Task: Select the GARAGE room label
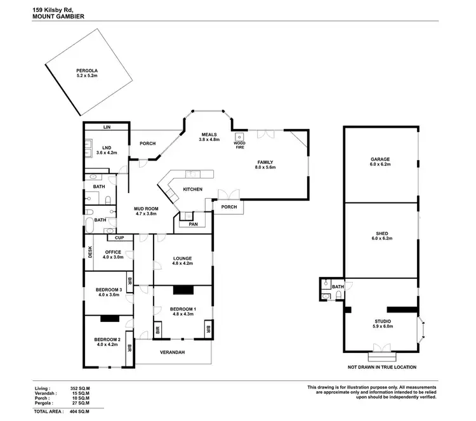tap(380, 159)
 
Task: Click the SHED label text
tap(381, 233)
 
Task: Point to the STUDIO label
tap(382, 321)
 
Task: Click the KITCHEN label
tap(192, 190)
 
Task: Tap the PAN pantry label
tap(189, 224)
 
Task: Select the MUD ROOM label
tap(146, 209)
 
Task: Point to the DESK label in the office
tap(90, 252)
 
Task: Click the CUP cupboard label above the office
tap(119, 237)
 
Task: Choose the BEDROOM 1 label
tap(182, 309)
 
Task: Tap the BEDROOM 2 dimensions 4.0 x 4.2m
tap(107, 345)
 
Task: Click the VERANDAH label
tap(172, 352)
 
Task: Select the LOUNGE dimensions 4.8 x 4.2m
tap(182, 263)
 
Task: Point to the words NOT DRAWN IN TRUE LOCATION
tap(381, 367)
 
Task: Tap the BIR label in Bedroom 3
tap(129, 281)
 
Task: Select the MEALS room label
tap(209, 134)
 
